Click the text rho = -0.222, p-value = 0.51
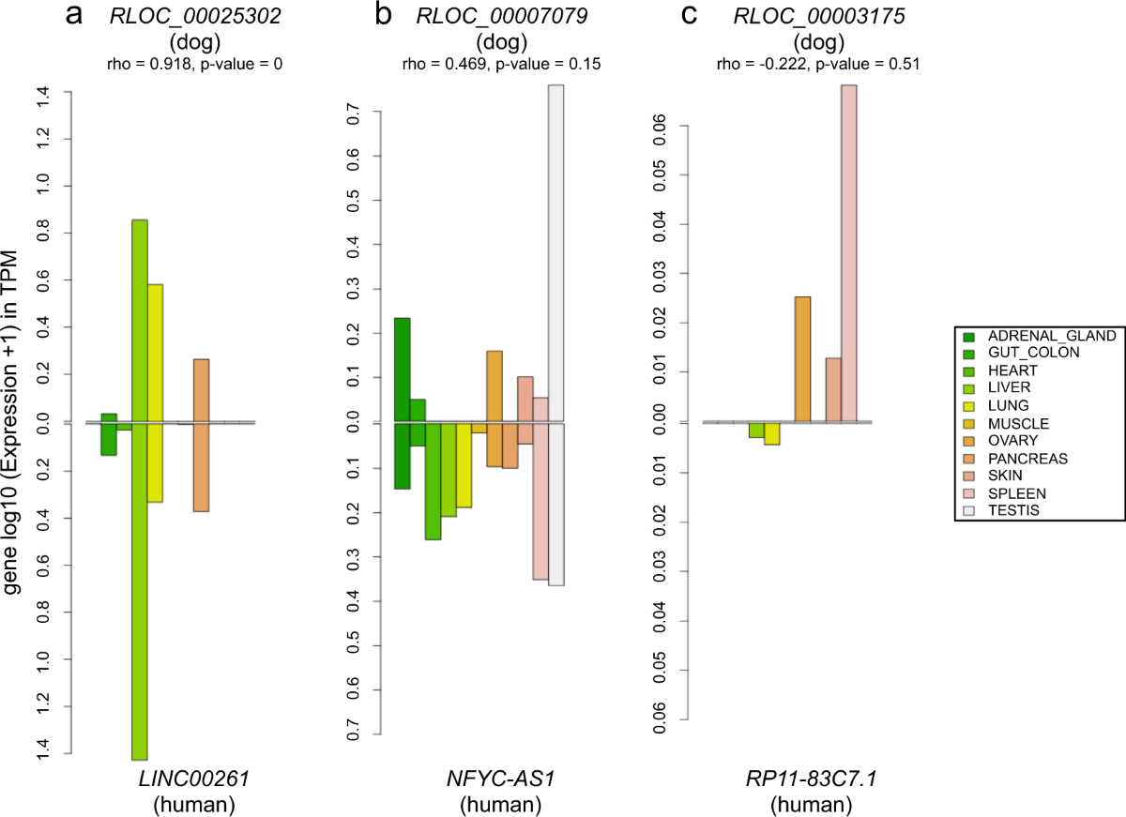[814, 65]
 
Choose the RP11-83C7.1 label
[811, 779]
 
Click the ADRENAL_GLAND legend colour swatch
[969, 335]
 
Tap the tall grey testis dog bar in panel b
[555, 253]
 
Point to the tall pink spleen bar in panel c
[848, 253]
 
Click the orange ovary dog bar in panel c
[802, 359]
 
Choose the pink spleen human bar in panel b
[540, 501]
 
